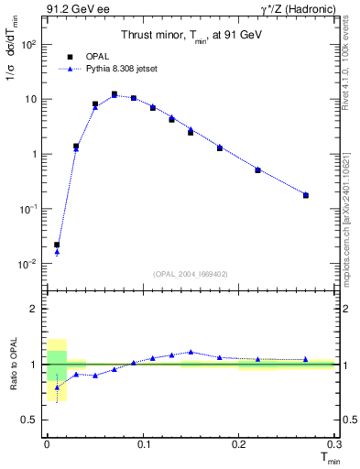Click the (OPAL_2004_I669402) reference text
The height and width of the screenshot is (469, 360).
pyautogui.click(x=190, y=273)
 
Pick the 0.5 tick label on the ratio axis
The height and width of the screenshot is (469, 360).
pyautogui.click(x=29, y=420)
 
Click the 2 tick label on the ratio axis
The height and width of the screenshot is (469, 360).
pyautogui.click(x=34, y=310)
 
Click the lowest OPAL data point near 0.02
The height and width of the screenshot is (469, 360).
pyautogui.click(x=57, y=245)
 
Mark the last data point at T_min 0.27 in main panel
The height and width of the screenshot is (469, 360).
pyautogui.click(x=306, y=195)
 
